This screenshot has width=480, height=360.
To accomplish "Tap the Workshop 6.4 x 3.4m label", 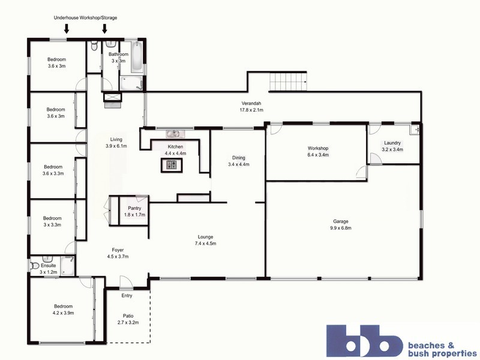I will [x=317, y=151].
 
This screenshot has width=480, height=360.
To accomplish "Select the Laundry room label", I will [x=392, y=146].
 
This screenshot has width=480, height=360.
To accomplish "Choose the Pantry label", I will [x=134, y=211].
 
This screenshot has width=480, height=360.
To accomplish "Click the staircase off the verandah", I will [x=289, y=80].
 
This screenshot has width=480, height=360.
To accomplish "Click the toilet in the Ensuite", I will [x=34, y=265].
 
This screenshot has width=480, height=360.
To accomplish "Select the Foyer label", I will [x=117, y=253].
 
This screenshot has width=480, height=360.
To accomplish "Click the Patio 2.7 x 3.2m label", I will [x=127, y=319].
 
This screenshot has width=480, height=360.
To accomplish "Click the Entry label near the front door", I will [x=127, y=295].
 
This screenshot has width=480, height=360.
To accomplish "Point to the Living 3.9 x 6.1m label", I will [x=116, y=143].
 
